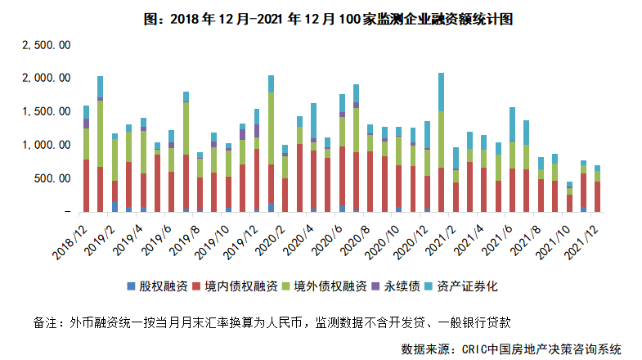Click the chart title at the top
[321, 18]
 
